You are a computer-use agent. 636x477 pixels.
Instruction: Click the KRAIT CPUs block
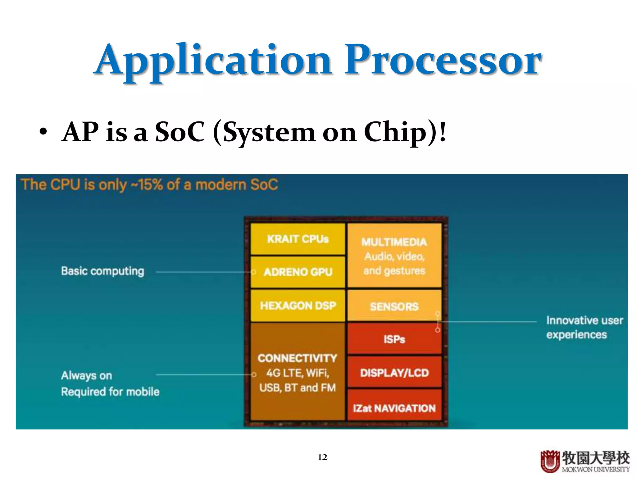(298, 239)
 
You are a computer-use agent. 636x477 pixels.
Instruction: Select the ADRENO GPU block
(298, 272)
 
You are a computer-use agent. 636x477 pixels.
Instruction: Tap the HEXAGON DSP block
(298, 306)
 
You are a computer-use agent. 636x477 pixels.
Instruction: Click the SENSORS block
(394, 306)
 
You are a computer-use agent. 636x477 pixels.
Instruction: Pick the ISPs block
(394, 339)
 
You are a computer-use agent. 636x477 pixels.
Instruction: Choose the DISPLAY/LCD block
(394, 372)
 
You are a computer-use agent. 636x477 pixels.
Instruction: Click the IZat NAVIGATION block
(394, 408)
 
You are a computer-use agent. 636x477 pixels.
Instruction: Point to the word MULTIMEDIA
(394, 242)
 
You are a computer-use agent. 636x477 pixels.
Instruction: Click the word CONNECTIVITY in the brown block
(297, 358)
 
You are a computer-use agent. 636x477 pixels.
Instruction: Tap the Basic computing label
(102, 271)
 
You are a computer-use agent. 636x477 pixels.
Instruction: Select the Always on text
(86, 375)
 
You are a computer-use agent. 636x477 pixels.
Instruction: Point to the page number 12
(322, 457)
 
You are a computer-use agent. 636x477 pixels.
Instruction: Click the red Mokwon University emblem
(550, 461)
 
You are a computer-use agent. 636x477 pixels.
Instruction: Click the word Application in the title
(214, 61)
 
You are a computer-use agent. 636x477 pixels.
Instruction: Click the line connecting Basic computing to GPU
(203, 272)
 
